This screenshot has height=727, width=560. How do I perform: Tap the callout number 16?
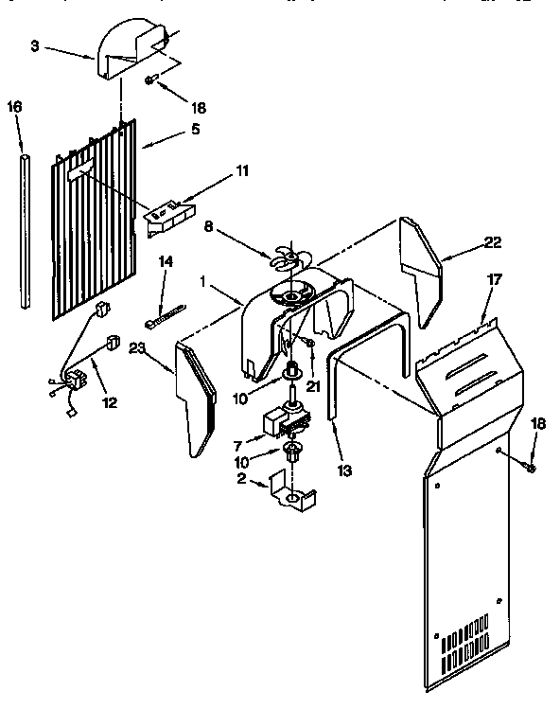(14, 107)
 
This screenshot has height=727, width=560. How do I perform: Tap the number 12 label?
(110, 402)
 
